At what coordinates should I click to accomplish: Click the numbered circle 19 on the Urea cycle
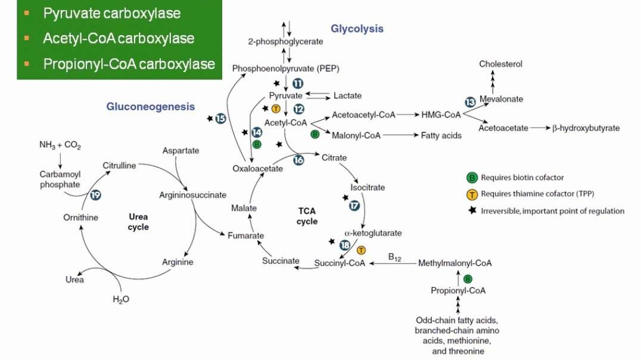point(96,194)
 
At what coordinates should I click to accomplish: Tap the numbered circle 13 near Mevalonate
point(471,102)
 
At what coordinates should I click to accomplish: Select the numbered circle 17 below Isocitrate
point(354,205)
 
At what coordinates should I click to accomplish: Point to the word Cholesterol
point(501,64)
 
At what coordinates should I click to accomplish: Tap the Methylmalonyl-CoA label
point(455,263)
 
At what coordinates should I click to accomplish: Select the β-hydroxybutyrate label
point(586,128)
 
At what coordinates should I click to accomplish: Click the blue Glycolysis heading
point(357,29)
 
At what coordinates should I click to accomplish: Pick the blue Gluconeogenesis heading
point(151,107)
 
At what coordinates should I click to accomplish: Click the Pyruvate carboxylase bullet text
point(111,13)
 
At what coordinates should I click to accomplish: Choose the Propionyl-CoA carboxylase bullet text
point(129,64)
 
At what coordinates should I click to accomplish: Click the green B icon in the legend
point(472,177)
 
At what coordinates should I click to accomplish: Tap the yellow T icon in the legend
point(472,193)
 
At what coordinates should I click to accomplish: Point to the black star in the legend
point(472,210)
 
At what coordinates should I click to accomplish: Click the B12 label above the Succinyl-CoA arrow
point(394,257)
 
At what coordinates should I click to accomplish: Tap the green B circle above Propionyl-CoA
point(468,278)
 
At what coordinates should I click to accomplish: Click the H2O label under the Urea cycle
point(121,299)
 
